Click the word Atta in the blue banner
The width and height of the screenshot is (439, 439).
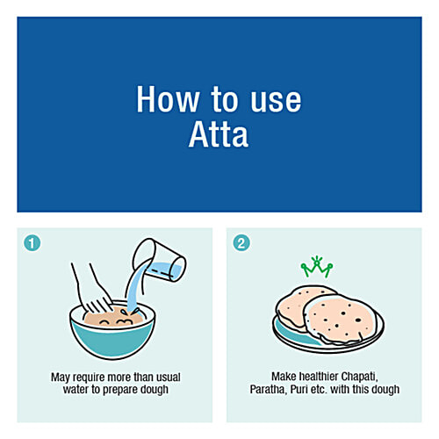click(219, 134)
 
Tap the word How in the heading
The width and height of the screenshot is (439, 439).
click(164, 99)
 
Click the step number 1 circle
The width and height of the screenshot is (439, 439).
click(32, 242)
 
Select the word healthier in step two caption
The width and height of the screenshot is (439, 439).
click(307, 377)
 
